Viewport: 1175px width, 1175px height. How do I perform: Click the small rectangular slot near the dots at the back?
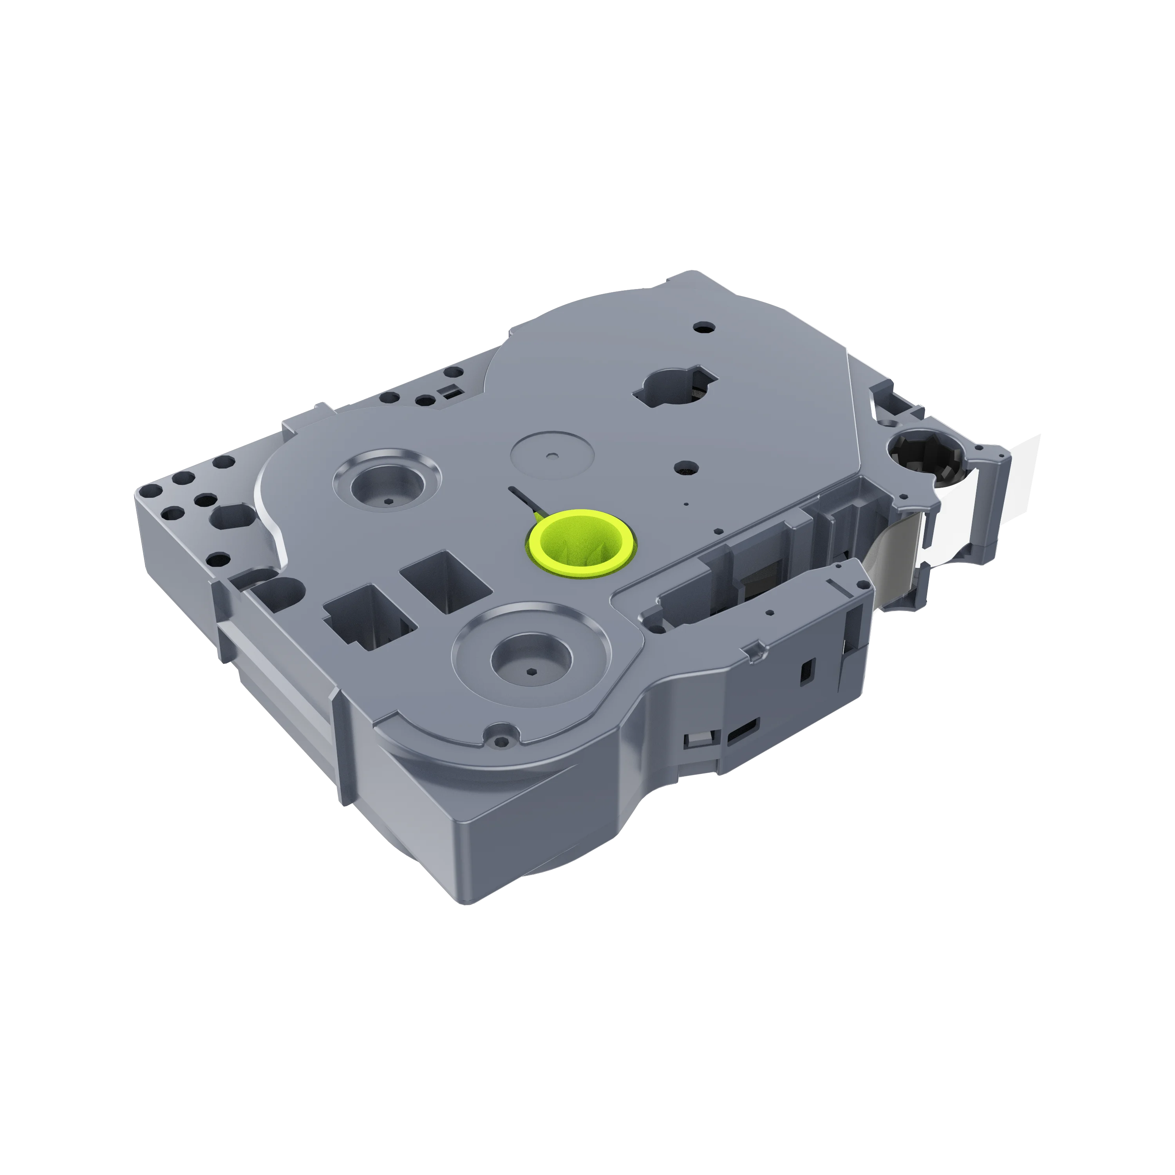(450, 391)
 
